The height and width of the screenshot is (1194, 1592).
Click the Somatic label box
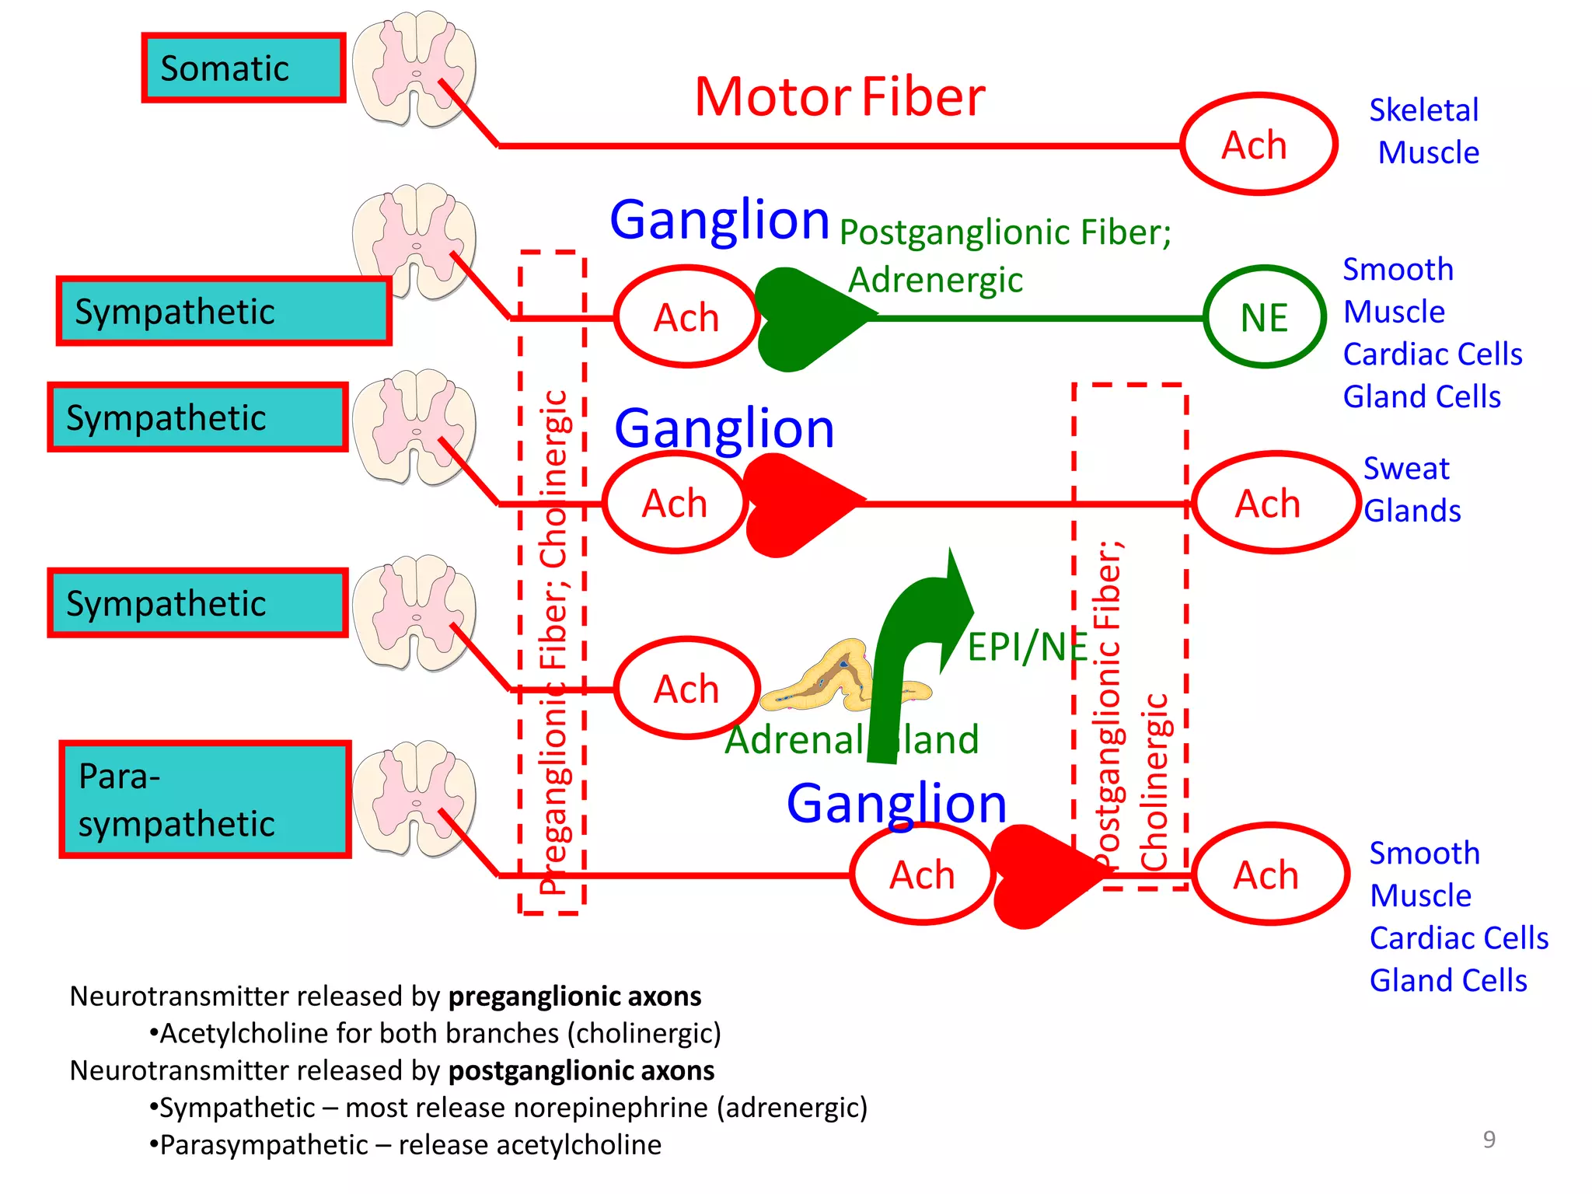[243, 68]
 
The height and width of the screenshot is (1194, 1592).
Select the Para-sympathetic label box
[205, 800]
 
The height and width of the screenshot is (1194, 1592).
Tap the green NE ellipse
[1264, 317]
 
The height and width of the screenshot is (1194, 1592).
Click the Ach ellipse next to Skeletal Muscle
[1258, 145]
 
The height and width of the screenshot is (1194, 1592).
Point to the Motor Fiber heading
[840, 97]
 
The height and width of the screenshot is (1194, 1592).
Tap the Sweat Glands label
[1411, 490]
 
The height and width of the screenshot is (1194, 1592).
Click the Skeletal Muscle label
[1425, 131]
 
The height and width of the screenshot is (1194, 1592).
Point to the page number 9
[1489, 1139]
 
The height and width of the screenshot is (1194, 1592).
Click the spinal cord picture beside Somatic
[414, 68]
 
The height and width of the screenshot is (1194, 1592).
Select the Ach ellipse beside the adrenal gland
[686, 689]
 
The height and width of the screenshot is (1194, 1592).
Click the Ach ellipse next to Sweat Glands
[1275, 503]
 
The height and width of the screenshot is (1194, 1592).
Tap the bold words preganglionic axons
[574, 996]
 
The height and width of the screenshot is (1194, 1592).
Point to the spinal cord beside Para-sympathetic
[414, 799]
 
